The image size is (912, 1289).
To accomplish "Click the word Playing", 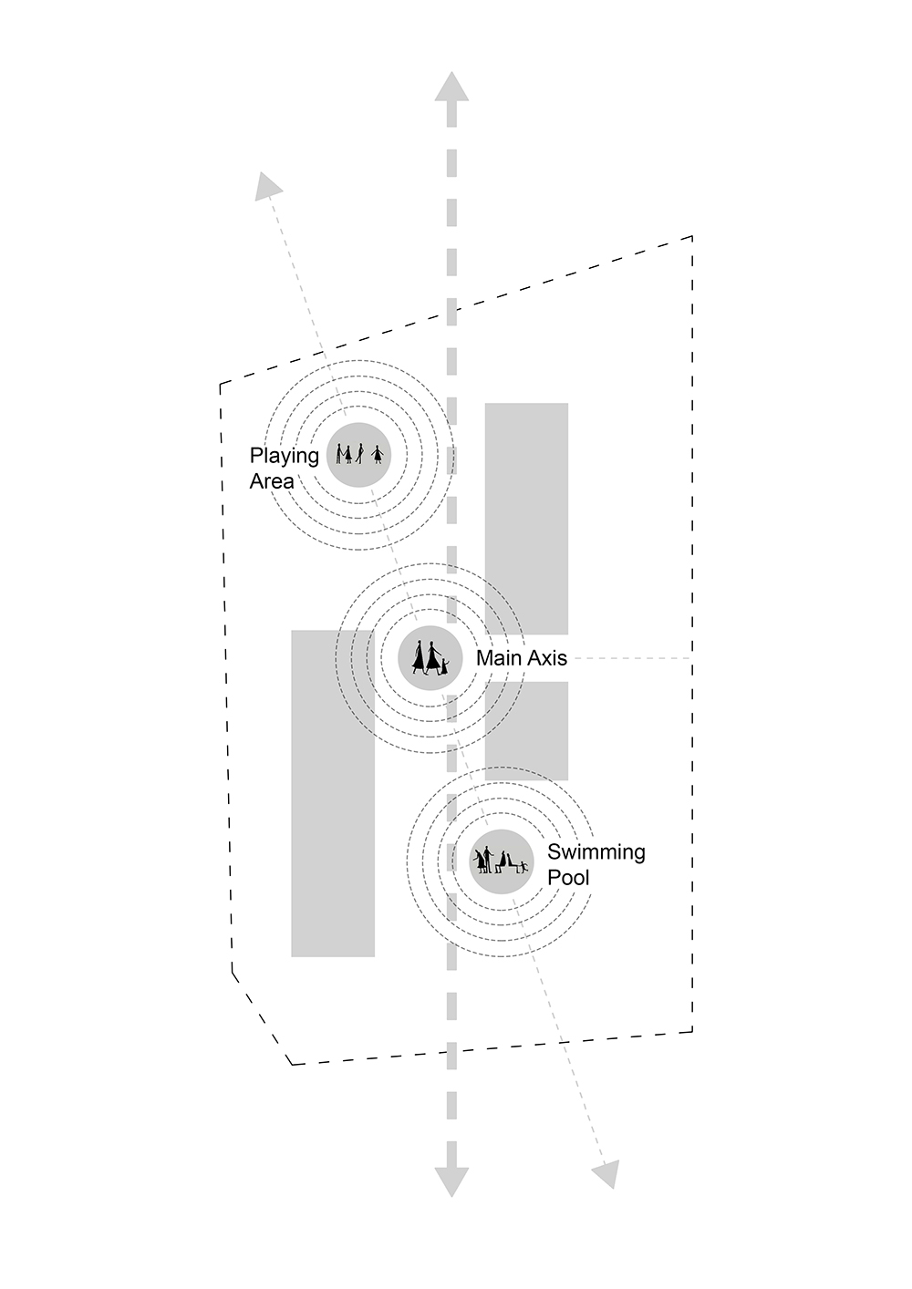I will point(284,457).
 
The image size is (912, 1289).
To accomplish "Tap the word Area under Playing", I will point(272,481).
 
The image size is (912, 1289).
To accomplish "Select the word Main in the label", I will point(498,658).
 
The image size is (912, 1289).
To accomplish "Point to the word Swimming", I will point(596,852).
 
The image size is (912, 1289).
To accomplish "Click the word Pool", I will point(568,878).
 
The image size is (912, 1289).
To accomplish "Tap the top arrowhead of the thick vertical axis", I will point(451,87).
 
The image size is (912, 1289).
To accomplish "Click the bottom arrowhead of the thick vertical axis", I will point(451,1181).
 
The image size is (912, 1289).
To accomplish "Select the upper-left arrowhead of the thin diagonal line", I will point(266,185).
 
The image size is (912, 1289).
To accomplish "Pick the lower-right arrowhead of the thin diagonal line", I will point(606,1174).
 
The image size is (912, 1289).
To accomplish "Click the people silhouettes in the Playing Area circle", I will point(359,453).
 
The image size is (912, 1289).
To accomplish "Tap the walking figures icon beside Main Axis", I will point(430,657).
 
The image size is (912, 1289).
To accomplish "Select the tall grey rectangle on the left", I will point(332,793).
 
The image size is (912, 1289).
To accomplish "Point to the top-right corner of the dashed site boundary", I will point(692,237).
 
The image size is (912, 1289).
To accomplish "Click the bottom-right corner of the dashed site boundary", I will point(692,1031).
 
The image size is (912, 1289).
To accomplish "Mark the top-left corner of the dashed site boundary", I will point(220,384).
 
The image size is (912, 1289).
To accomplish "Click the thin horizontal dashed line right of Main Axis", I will point(629,658).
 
